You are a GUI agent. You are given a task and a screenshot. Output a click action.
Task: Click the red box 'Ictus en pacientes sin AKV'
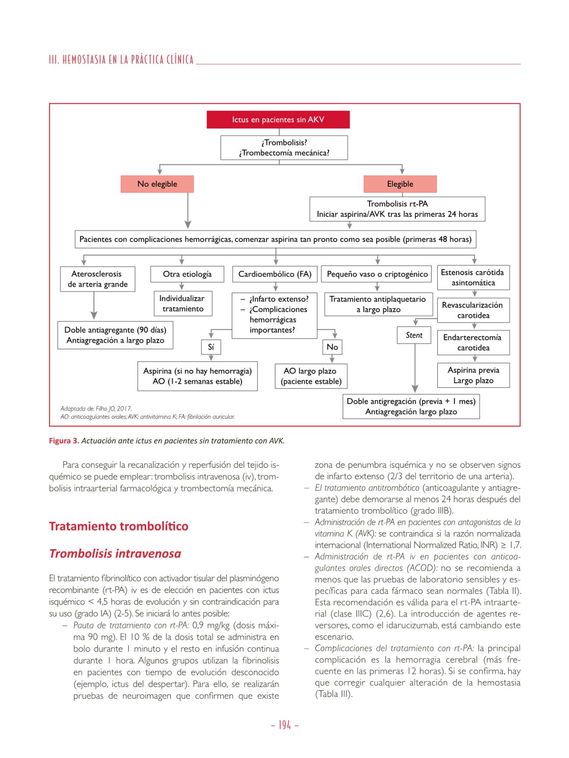(278, 119)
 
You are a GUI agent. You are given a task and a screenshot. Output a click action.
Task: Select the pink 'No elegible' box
(157, 184)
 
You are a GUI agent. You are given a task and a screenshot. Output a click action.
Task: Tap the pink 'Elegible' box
(400, 184)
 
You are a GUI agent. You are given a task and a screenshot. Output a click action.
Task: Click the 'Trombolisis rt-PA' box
(397, 209)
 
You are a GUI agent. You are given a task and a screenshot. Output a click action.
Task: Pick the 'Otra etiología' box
(187, 274)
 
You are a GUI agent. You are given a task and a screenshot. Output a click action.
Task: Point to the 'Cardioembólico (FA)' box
(274, 274)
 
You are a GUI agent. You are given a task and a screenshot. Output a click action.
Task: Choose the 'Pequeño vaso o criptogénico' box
(377, 274)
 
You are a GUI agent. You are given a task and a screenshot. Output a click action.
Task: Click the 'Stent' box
(414, 335)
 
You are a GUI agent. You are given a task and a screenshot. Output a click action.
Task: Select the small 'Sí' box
(211, 347)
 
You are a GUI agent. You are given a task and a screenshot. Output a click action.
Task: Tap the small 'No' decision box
(332, 347)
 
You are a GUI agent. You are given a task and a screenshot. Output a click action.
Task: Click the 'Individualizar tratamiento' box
(183, 303)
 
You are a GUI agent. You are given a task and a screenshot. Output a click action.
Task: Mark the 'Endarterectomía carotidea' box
(473, 342)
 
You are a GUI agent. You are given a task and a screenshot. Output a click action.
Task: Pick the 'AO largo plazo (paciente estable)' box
(311, 376)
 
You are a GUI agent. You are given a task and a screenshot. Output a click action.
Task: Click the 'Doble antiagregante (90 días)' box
(115, 335)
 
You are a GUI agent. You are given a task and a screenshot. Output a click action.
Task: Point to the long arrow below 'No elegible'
(188, 210)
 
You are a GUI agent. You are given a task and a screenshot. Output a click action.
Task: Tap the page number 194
(284, 725)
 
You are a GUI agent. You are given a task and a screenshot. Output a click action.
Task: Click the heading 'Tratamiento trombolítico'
(119, 526)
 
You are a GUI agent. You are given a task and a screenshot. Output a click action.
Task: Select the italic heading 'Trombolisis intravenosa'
(115, 553)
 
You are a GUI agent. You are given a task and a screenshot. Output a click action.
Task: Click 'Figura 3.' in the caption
(64, 441)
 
